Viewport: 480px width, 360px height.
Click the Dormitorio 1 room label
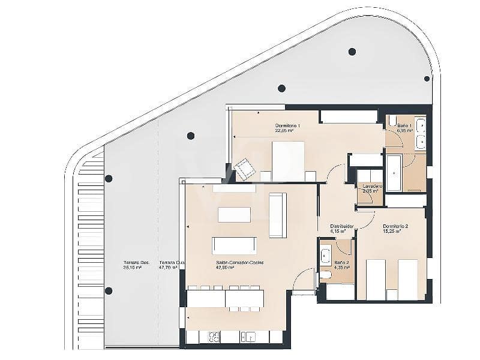[x=287, y=125]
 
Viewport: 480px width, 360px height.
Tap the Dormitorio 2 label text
[x=395, y=226]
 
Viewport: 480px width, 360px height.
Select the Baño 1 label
[x=405, y=124]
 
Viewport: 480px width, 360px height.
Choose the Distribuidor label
[x=342, y=226]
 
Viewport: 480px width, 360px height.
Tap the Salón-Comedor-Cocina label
[x=240, y=263]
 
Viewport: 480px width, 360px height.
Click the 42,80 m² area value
[x=225, y=268]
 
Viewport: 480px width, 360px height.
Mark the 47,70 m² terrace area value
[x=168, y=268]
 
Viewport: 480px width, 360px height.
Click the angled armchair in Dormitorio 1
[x=245, y=170]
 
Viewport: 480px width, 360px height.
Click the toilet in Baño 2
[x=325, y=275]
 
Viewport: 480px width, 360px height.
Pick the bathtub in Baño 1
[x=394, y=173]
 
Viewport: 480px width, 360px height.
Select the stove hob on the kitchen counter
[x=214, y=337]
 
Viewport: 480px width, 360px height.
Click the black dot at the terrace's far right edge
[x=427, y=79]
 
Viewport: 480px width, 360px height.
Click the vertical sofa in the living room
[x=277, y=215]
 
